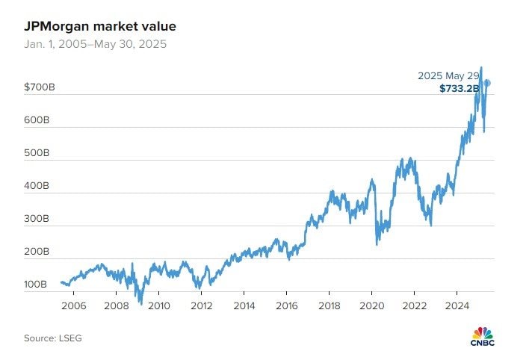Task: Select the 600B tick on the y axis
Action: point(37,120)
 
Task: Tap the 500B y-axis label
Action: point(37,153)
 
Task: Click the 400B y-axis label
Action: point(37,186)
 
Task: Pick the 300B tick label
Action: point(37,219)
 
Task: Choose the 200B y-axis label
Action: point(37,252)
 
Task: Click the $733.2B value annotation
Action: point(459,89)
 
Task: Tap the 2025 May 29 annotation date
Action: point(448,75)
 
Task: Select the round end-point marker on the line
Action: point(486,83)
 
